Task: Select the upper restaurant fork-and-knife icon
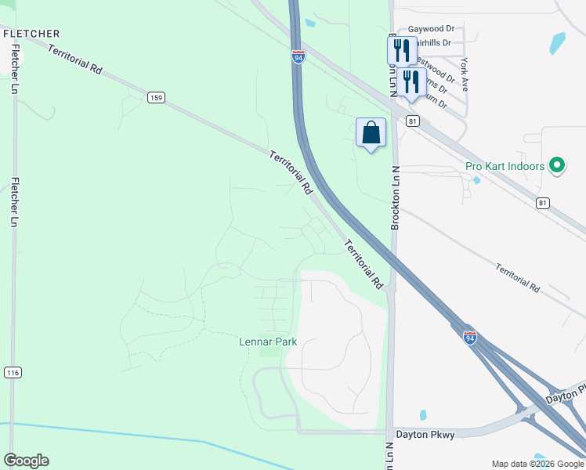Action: pyautogui.click(x=401, y=51)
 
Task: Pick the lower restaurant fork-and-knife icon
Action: pyautogui.click(x=411, y=81)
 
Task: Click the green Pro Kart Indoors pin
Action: pyautogui.click(x=557, y=165)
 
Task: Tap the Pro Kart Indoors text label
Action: pyautogui.click(x=505, y=166)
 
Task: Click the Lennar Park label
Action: pyautogui.click(x=267, y=342)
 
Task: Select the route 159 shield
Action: pyautogui.click(x=156, y=97)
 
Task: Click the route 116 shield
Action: pyautogui.click(x=12, y=372)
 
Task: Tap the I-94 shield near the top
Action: pyautogui.click(x=298, y=57)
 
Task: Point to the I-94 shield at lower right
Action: pyautogui.click(x=469, y=338)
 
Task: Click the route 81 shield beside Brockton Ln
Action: pyautogui.click(x=413, y=121)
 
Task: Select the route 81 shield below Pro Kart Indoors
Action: pyautogui.click(x=543, y=203)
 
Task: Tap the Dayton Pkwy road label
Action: pyautogui.click(x=425, y=434)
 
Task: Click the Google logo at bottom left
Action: pyautogui.click(x=26, y=461)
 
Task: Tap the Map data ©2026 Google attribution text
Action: pyautogui.click(x=537, y=464)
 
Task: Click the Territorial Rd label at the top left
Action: pyautogui.click(x=75, y=60)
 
